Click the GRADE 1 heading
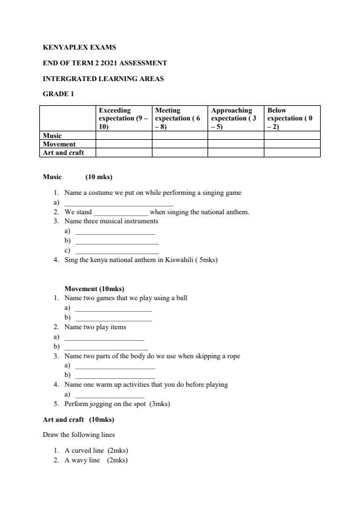(x=58, y=94)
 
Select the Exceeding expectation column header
(x=123, y=118)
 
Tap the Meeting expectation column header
(x=179, y=118)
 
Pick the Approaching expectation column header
(x=235, y=118)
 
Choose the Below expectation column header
(x=291, y=118)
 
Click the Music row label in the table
(x=53, y=136)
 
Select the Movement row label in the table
(x=59, y=144)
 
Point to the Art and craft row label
(x=63, y=153)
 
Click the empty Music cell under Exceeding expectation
(x=123, y=136)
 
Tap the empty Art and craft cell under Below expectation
(x=292, y=153)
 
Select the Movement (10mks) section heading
(x=94, y=289)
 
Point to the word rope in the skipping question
(x=233, y=356)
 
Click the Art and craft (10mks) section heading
(x=78, y=419)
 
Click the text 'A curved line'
(x=85, y=450)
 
